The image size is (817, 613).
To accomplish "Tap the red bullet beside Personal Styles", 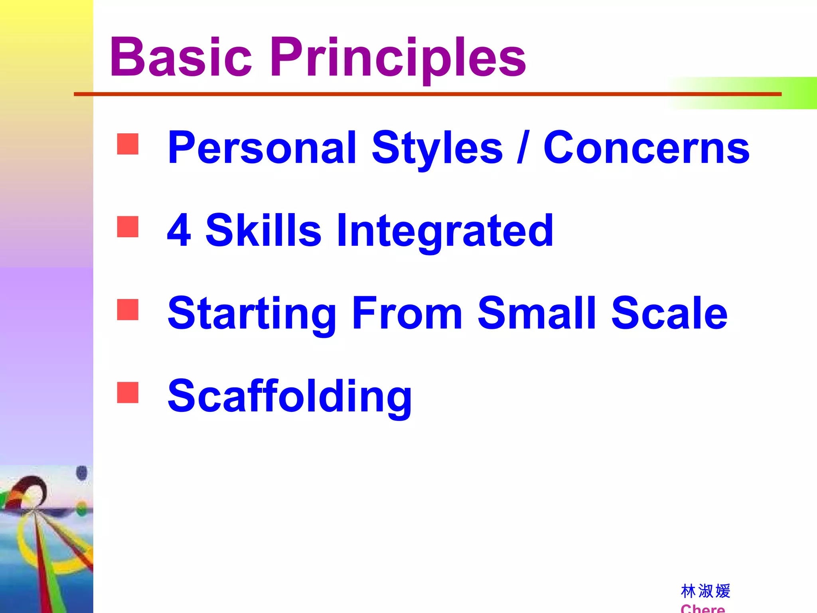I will pyautogui.click(x=128, y=144).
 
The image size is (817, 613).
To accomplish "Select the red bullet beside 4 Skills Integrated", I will pyautogui.click(x=128, y=227).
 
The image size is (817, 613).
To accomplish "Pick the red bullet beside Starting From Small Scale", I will pyautogui.click(x=128, y=310).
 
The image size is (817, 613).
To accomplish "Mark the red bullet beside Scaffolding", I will pyautogui.click(x=128, y=392).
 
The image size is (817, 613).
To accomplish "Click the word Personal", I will pyautogui.click(x=262, y=148).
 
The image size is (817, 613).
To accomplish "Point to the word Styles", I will pyautogui.click(x=437, y=148).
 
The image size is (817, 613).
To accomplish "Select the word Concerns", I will pyautogui.click(x=646, y=148).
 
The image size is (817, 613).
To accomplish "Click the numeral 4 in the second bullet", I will pyautogui.click(x=179, y=230).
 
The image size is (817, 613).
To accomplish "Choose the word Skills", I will pyautogui.click(x=263, y=230).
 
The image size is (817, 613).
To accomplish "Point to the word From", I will pyautogui.click(x=407, y=313).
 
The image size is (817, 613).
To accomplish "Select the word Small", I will pyautogui.click(x=537, y=313).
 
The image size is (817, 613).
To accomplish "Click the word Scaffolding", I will pyautogui.click(x=290, y=397).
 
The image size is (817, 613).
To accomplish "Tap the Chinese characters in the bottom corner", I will pyautogui.click(x=705, y=591).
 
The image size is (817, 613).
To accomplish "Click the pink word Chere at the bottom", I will pyautogui.click(x=703, y=608).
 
